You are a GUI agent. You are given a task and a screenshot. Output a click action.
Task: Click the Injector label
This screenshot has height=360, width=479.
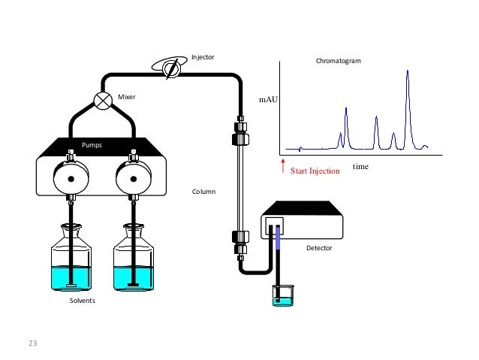coord(203,56)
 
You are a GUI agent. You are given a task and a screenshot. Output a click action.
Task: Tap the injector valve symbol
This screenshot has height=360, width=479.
coord(171,67)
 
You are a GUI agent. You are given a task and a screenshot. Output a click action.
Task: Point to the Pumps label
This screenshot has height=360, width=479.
coord(92,143)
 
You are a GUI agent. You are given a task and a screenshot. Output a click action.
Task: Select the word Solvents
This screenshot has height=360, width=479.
coord(82,301)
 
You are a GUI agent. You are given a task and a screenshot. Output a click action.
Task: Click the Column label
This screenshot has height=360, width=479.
coord(203,192)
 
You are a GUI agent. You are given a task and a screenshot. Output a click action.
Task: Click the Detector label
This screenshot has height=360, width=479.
coord(318,247)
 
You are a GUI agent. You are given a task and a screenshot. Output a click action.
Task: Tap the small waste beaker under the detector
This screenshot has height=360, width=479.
coord(282,295)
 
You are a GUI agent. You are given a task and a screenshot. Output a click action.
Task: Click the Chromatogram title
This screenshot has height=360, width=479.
coord(338,70)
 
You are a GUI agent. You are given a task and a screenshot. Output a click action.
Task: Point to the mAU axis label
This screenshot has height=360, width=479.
coord(268,98)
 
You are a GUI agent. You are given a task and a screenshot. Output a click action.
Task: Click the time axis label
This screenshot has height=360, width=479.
coord(360,166)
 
